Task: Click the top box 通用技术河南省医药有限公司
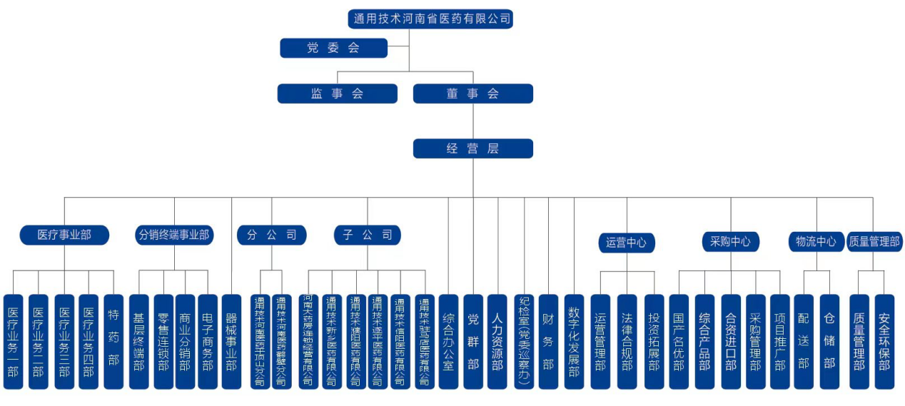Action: click(x=431, y=19)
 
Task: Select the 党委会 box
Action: click(x=333, y=48)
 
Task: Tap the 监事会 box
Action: click(x=337, y=93)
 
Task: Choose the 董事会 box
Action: click(x=472, y=93)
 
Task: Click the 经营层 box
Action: click(x=472, y=148)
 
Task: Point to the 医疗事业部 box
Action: click(x=64, y=235)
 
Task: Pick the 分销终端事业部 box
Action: click(x=174, y=235)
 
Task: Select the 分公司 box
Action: click(x=272, y=235)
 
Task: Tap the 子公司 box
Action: click(x=368, y=235)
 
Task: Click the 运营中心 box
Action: click(x=626, y=243)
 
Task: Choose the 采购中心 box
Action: click(x=730, y=242)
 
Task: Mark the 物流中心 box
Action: click(x=816, y=242)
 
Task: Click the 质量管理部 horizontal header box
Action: click(x=874, y=242)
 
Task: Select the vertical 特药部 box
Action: click(x=113, y=341)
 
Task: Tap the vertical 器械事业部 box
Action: click(x=231, y=341)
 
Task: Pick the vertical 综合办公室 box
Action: click(x=448, y=341)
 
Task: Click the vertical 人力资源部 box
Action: click(x=497, y=341)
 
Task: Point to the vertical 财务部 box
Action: click(x=548, y=341)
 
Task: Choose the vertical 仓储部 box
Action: click(x=829, y=341)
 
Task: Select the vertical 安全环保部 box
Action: click(x=884, y=341)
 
